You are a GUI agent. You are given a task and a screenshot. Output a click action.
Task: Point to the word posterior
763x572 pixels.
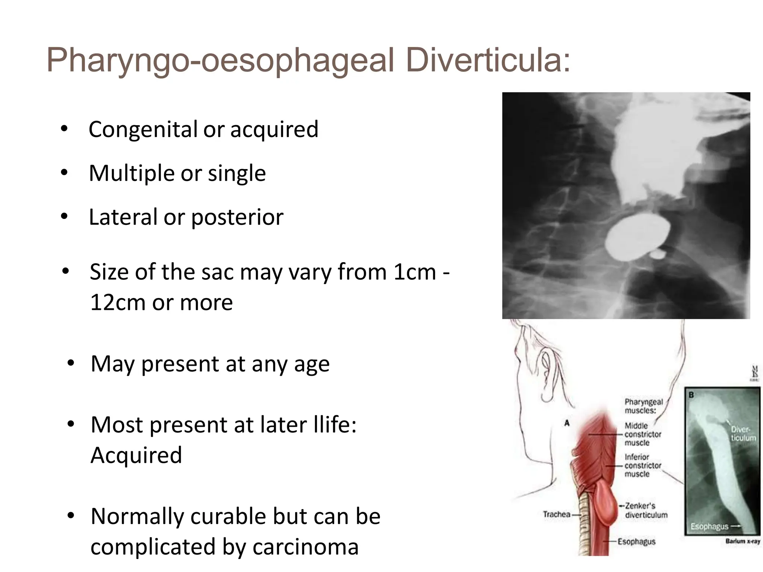237,217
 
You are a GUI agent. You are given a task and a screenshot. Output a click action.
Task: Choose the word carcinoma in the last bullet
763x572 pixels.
305,547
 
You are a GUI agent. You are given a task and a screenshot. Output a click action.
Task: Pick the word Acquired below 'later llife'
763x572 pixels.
136,455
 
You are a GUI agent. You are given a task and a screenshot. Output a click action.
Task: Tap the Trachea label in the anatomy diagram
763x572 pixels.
556,514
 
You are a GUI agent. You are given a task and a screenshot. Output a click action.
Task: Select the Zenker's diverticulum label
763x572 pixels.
646,510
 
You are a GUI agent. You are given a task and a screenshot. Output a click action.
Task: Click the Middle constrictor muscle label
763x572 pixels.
643,434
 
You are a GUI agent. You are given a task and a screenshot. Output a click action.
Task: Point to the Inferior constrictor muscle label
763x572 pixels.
643,465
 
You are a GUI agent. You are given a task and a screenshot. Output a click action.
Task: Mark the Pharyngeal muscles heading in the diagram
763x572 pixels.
643,406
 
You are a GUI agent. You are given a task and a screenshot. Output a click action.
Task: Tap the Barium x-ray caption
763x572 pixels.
742,541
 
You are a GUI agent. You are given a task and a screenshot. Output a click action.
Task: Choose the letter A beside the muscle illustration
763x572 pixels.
567,423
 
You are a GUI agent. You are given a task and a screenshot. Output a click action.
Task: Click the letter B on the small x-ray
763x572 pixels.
691,395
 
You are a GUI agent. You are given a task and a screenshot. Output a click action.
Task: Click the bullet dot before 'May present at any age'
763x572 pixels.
71,363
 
